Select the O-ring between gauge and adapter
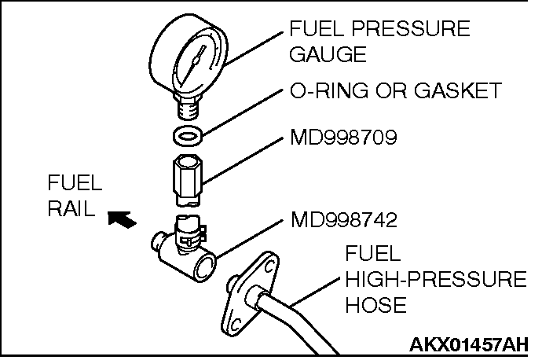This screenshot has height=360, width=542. click(x=187, y=134)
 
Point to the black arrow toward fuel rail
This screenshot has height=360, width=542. click(x=121, y=218)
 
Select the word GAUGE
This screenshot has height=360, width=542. click(x=328, y=55)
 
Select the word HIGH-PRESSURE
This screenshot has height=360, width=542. click(x=435, y=281)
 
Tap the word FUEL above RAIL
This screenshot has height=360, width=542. click(x=75, y=184)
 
